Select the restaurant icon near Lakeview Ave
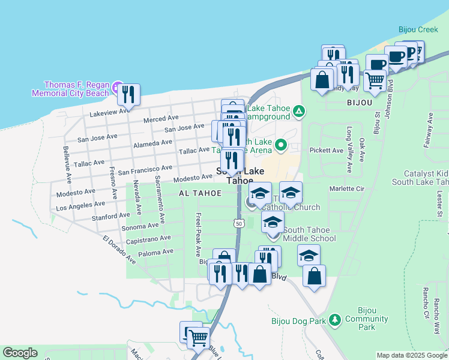pos(128,95)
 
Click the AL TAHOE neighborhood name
pos(199,193)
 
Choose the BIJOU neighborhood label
pos(360,103)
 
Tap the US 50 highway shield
pos(238,223)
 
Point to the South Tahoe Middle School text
pos(309,234)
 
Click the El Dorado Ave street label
pos(119,250)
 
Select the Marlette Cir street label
pos(346,188)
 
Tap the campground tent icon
pos(298,111)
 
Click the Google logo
pos(19,353)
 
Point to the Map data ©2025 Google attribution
pos(411,355)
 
